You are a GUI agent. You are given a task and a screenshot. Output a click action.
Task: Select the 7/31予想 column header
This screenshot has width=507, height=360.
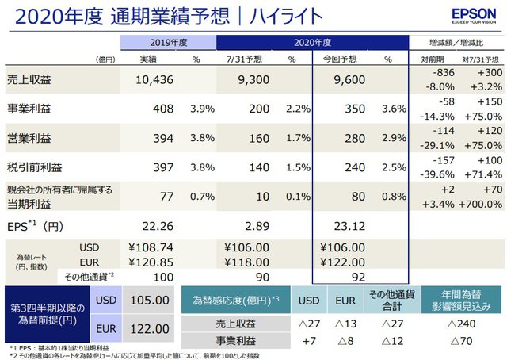(x=242, y=59)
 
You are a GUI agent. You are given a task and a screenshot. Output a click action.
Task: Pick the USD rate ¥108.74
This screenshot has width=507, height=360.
(x=145, y=247)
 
